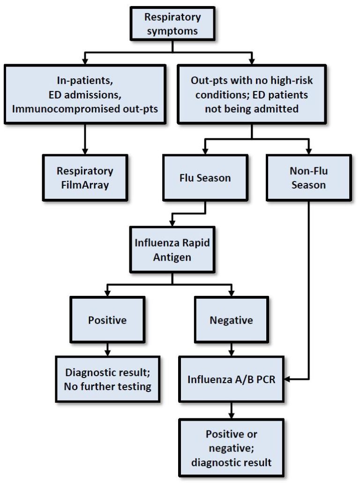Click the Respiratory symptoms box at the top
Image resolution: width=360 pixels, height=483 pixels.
pos(172,23)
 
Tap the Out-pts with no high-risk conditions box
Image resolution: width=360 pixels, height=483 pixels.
pos(252,94)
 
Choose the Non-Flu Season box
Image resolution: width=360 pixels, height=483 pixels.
pos(308,178)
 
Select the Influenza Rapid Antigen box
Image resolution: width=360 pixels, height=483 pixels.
pos(172,249)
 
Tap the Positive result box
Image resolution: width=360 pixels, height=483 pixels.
pos(107,321)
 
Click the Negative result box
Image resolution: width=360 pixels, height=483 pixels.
pos(231,321)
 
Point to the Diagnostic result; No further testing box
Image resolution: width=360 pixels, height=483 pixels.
pos(107,380)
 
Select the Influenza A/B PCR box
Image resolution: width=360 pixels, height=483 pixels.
pos(231,379)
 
